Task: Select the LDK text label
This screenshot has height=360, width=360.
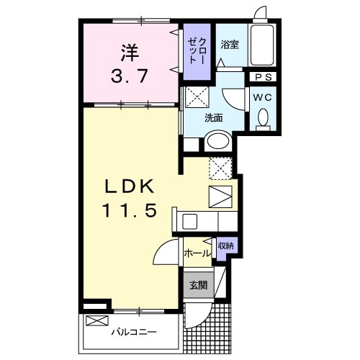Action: pos(130,186)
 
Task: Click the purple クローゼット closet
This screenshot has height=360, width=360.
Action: pos(195,50)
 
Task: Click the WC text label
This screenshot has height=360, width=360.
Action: pos(261,96)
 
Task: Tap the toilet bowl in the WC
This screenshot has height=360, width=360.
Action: pos(262,118)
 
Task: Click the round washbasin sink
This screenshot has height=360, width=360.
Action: pos(218,143)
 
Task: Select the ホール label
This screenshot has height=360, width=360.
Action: pos(197,253)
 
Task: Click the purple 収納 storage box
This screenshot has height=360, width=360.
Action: pos(225,246)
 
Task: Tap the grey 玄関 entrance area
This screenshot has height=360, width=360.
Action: pos(198,284)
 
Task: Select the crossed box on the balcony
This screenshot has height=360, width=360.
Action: pos(96,321)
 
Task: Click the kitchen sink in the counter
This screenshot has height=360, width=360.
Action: pos(191,220)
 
